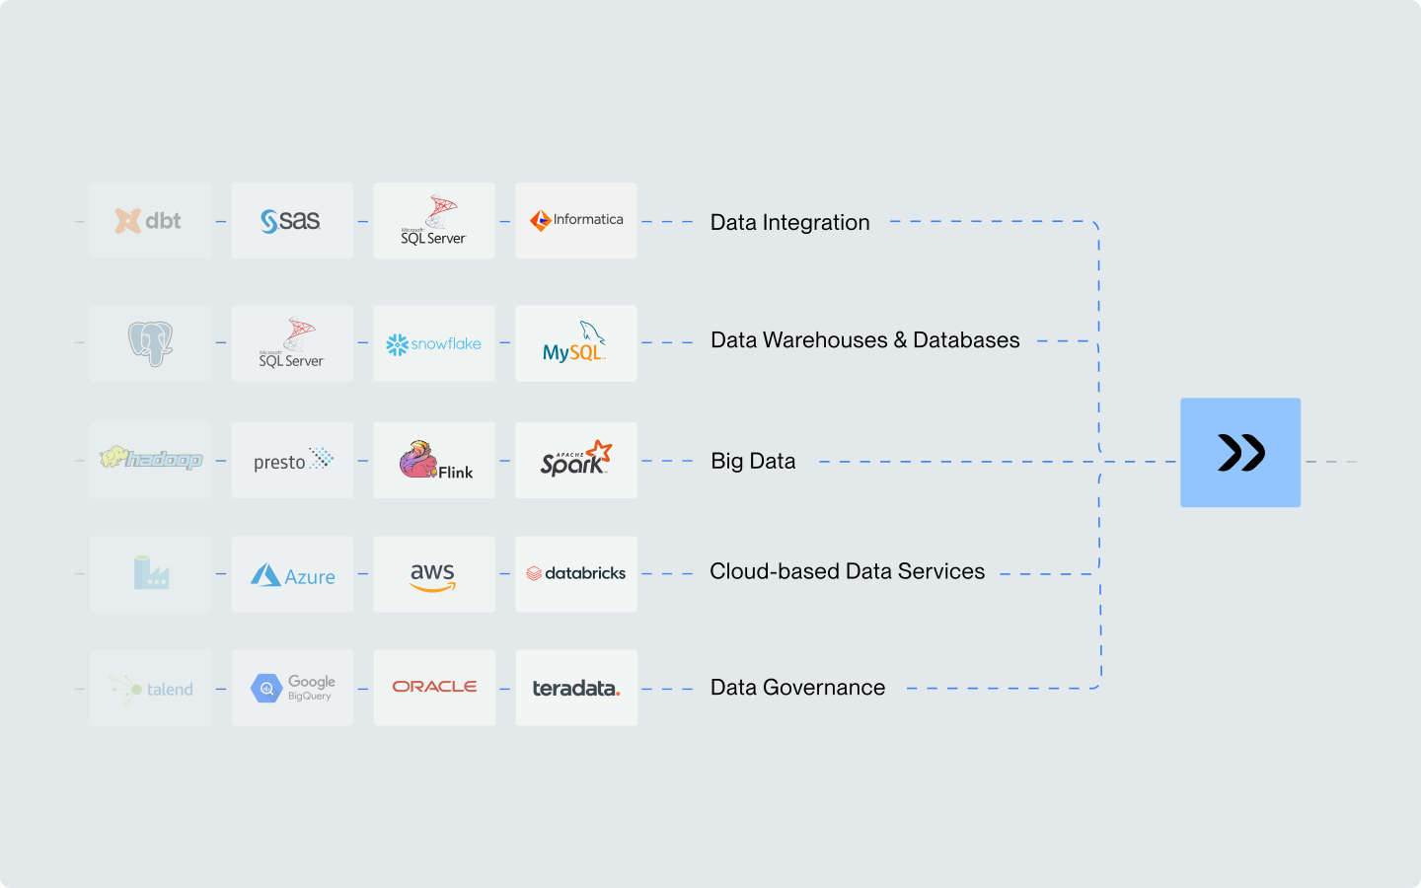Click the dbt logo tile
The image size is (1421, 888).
point(150,221)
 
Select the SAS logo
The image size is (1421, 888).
point(291,221)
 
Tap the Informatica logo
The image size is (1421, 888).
point(576,220)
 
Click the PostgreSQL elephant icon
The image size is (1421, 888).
point(150,343)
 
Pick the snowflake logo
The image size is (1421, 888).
point(434,343)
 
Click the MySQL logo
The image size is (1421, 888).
point(575,343)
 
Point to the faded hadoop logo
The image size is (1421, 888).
point(150,460)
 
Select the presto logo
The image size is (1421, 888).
point(292,461)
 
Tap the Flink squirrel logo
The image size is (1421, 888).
point(435,461)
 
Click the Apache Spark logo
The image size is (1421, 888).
point(576,460)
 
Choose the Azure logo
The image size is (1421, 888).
point(292,575)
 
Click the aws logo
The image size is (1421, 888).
point(433,575)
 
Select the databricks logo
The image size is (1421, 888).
point(576,573)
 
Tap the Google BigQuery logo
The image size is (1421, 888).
point(293,688)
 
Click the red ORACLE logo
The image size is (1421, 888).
point(434,687)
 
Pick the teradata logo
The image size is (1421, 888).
point(576,688)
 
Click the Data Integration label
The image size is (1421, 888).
point(789,223)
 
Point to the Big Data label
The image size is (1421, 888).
point(753,461)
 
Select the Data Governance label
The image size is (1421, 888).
point(797,688)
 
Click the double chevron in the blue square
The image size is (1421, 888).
point(1240,453)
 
